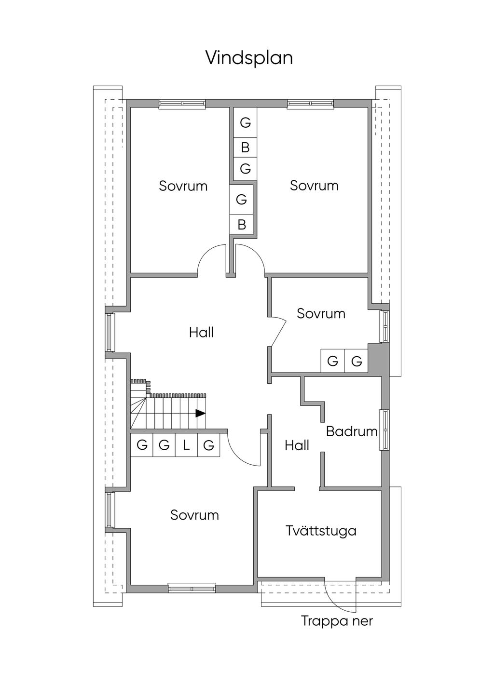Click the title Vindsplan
pyautogui.click(x=249, y=58)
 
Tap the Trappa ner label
pyautogui.click(x=337, y=621)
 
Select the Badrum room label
pyautogui.click(x=352, y=431)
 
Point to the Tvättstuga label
pyautogui.click(x=321, y=531)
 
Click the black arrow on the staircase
pyautogui.click(x=200, y=413)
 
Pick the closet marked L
pyautogui.click(x=186, y=445)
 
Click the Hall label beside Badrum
pyautogui.click(x=297, y=445)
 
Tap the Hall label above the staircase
pyautogui.click(x=201, y=332)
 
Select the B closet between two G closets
pyautogui.click(x=245, y=147)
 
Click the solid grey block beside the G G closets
pyautogui.click(x=378, y=358)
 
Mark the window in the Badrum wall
pyautogui.click(x=384, y=430)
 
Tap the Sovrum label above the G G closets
pyautogui.click(x=321, y=313)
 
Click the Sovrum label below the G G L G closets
pyautogui.click(x=194, y=515)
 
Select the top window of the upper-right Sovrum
pyautogui.click(x=310, y=104)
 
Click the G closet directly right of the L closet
pyautogui.click(x=208, y=445)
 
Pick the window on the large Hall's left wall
pyautogui.click(x=110, y=332)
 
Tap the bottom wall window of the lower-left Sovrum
pyautogui.click(x=192, y=589)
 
